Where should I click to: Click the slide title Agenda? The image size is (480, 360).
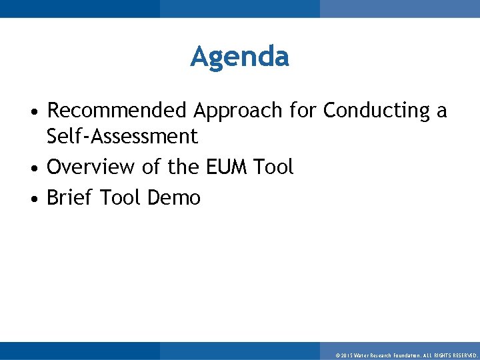pyautogui.click(x=239, y=57)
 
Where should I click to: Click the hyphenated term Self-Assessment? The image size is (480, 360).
pyautogui.click(x=122, y=137)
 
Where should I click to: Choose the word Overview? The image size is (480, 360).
pyautogui.click(x=91, y=167)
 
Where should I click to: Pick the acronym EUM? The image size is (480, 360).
pyautogui.click(x=225, y=167)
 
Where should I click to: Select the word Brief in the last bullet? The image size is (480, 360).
pyautogui.click(x=69, y=197)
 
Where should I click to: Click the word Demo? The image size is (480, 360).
pyautogui.click(x=174, y=197)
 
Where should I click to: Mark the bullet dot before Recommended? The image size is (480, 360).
pyautogui.click(x=37, y=111)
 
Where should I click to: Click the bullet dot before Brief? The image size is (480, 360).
pyautogui.click(x=37, y=199)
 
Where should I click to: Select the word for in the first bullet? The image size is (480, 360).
pyautogui.click(x=303, y=110)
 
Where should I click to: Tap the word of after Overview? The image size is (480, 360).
pyautogui.click(x=151, y=167)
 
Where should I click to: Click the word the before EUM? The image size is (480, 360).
pyautogui.click(x=184, y=167)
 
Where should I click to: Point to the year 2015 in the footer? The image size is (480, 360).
pyautogui.click(x=347, y=356)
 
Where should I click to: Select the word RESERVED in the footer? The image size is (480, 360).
pyautogui.click(x=463, y=356)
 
